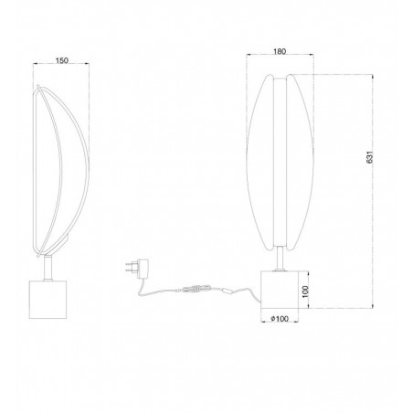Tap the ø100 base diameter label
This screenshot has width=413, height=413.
click(281, 319)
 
